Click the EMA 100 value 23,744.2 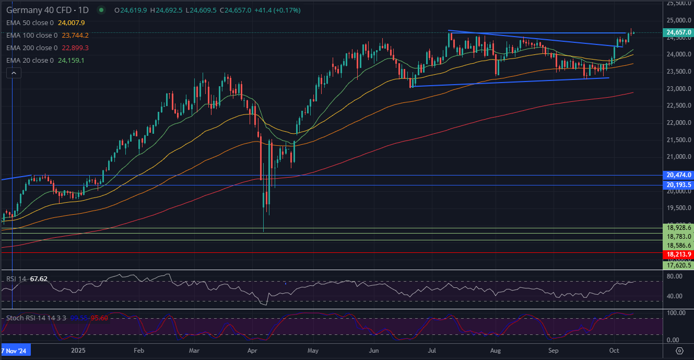pyautogui.click(x=75, y=36)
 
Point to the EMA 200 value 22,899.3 pyautogui.click(x=75, y=48)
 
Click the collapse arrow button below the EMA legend pyautogui.click(x=14, y=73)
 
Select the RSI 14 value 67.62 pyautogui.click(x=39, y=279)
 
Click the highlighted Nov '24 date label pyautogui.click(x=16, y=350)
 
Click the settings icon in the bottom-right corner pyautogui.click(x=679, y=350)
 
